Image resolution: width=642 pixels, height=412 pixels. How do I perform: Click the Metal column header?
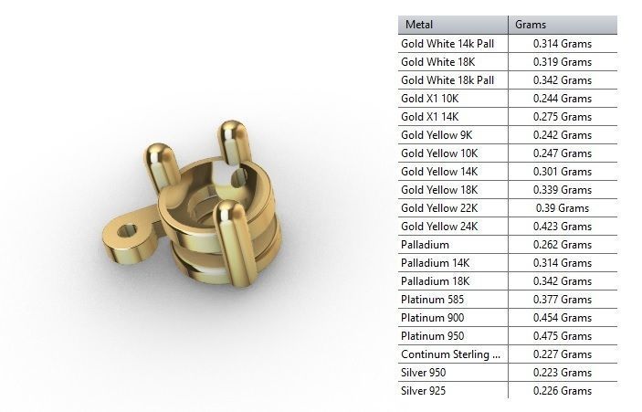tap(419, 25)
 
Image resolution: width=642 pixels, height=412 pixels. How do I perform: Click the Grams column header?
tap(531, 25)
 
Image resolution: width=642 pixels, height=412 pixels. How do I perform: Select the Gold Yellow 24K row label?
tap(439, 227)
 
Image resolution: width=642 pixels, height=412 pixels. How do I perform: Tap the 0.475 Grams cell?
tap(563, 336)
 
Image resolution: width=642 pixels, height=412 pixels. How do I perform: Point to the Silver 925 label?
tap(425, 391)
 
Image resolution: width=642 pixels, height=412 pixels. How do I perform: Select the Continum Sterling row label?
tap(450, 354)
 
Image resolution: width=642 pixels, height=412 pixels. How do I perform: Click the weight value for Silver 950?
tap(563, 373)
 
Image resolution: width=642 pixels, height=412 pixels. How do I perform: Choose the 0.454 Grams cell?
tap(563, 318)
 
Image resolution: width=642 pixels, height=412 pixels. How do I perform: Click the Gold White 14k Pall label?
tap(447, 44)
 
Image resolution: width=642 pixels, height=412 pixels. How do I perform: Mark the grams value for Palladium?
tap(563, 245)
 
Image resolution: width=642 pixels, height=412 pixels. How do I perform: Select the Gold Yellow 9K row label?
tap(436, 135)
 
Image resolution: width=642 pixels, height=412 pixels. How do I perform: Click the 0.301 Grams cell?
tap(563, 172)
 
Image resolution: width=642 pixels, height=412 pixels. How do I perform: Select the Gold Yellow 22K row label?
tap(439, 208)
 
